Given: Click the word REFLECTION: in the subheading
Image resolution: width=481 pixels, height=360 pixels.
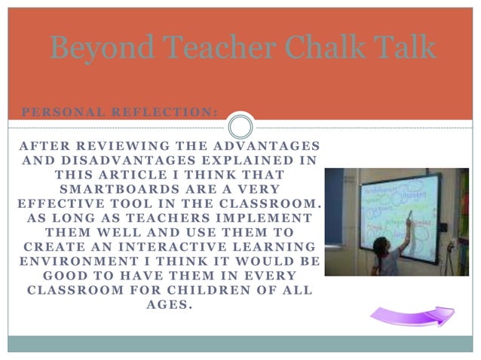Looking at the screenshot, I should [164, 112].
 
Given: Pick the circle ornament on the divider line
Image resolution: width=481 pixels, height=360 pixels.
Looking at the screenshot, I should [240, 126].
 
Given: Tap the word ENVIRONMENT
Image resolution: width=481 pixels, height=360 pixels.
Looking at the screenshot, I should [72, 261].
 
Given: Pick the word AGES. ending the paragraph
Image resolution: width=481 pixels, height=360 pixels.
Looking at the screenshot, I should [170, 305].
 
